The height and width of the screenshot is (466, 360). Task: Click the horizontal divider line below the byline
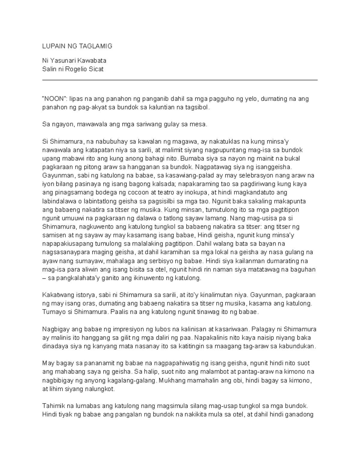coord(180,80)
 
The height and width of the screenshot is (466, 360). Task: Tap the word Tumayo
coord(53,312)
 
